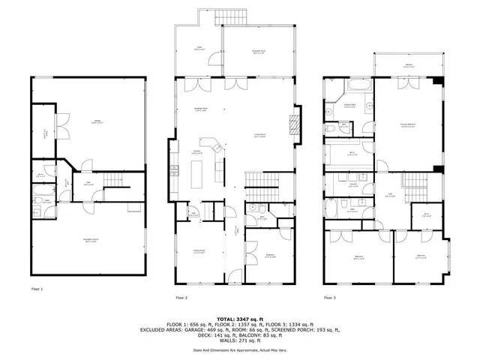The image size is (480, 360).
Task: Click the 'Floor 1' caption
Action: coord(37,288)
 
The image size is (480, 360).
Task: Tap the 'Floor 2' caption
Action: coord(181,298)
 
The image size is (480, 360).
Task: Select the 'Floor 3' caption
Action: coord(330,298)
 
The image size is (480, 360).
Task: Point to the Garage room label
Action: coord(97,121)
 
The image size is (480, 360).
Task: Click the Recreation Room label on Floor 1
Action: coord(92,241)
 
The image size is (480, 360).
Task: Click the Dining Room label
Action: coord(199,253)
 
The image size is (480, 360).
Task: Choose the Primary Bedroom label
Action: coord(407,126)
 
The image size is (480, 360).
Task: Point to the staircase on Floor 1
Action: coord(115,180)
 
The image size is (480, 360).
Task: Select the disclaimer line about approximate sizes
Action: coord(239,349)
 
